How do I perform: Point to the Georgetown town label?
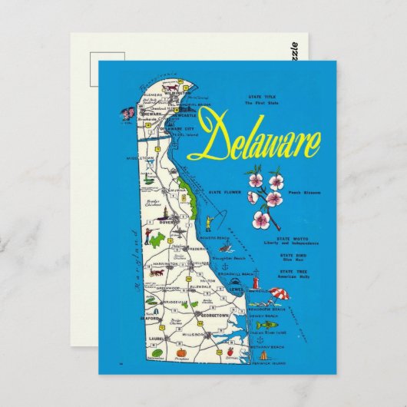202,316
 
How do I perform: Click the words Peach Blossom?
304,194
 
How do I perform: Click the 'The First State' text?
260,102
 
